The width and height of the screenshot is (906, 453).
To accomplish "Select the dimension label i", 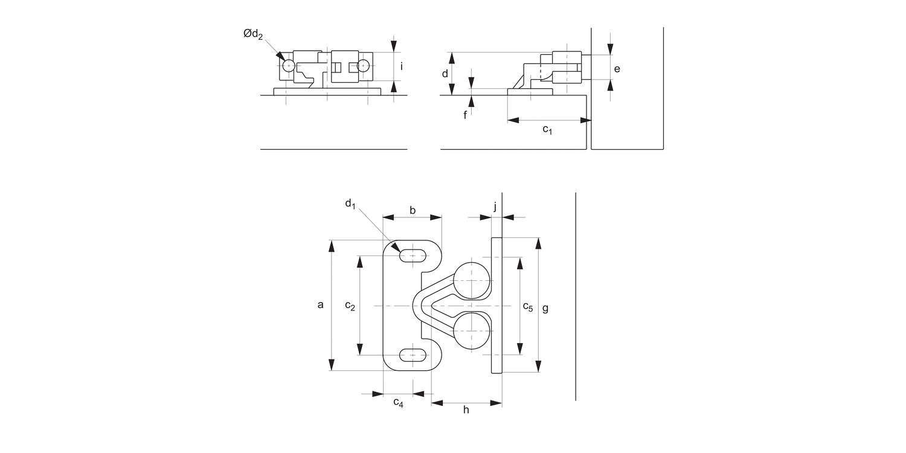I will pos(402,66).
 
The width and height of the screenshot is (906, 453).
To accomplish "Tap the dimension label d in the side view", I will pos(445,74).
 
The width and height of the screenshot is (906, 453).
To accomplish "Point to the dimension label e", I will pos(617,69).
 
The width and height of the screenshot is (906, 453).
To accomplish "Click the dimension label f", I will pos(465,115).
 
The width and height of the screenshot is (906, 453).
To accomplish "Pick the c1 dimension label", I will pos(547,129).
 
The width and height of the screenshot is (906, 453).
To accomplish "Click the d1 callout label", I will pos(350,204).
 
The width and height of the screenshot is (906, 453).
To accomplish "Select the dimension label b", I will pos(413,210).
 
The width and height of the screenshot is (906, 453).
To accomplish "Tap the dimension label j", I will pos(495,207).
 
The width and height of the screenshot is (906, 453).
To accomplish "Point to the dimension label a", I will pos(321,305).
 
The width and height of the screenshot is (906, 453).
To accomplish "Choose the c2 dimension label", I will pos(350,306).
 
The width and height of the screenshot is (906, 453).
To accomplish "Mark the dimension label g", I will pos(545,308).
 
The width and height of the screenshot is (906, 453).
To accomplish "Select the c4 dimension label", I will pos(398,402).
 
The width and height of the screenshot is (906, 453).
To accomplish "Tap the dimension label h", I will pos(466,410).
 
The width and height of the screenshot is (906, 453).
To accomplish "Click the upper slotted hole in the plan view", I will pos(413,256).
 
